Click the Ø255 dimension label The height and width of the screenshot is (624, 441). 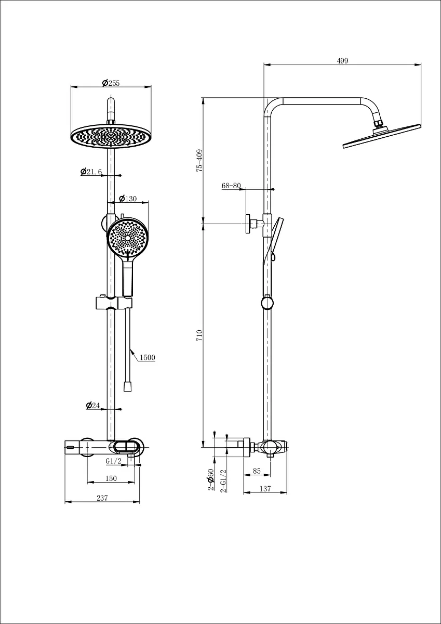tap(111, 83)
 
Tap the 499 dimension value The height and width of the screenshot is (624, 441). tap(342, 61)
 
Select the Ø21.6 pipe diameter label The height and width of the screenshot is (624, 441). tap(91, 172)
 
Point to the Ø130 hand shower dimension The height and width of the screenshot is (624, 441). tap(128, 199)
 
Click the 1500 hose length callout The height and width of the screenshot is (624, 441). tap(147, 357)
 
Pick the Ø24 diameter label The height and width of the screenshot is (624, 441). tap(93, 405)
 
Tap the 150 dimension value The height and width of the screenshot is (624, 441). tap(111, 478)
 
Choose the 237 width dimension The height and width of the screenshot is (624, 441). tap(102, 498)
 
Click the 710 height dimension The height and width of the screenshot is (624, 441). tap(199, 336)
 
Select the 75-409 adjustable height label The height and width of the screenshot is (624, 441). tap(199, 161)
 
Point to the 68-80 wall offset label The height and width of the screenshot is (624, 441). tap(231, 186)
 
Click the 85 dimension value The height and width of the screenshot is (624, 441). tap(257, 471)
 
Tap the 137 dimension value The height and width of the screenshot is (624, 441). tap(265, 489)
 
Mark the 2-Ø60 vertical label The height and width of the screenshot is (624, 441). tap(210, 479)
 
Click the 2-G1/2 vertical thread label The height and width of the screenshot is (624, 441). tap(223, 481)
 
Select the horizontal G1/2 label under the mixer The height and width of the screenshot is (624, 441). tap(114, 461)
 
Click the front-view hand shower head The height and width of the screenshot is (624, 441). tap(128, 238)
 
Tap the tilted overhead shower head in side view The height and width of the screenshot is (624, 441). tap(382, 136)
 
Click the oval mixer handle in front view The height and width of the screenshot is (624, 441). tap(126, 447)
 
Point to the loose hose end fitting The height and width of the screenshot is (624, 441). tap(127, 387)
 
